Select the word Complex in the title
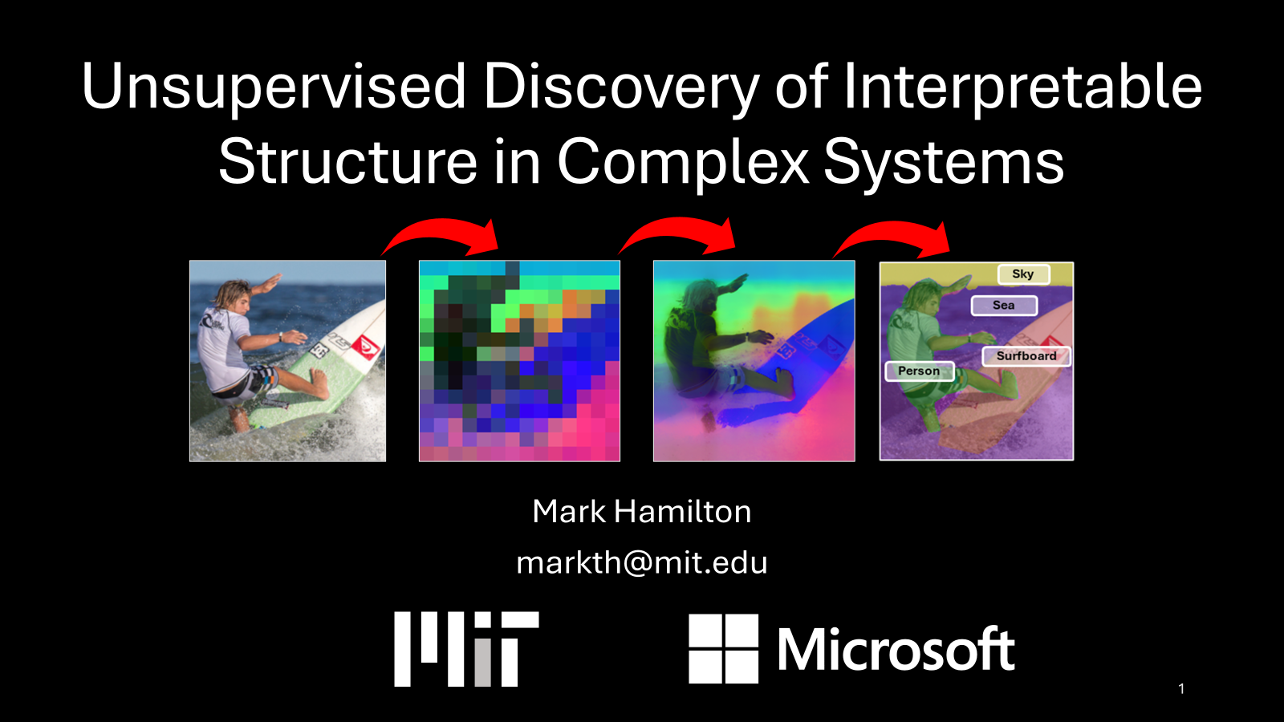pyautogui.click(x=683, y=163)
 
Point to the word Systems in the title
pyautogui.click(x=944, y=163)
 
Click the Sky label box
pyautogui.click(x=1024, y=274)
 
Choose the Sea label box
pyautogui.click(x=1004, y=306)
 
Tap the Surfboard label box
pyautogui.click(x=1026, y=356)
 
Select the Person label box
pyautogui.click(x=919, y=371)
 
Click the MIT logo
pyautogui.click(x=466, y=649)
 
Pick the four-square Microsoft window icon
pyautogui.click(x=723, y=649)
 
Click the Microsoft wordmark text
pyautogui.click(x=896, y=649)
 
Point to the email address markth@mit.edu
pyautogui.click(x=641, y=562)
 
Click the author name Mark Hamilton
pyautogui.click(x=641, y=511)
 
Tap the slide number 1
pyautogui.click(x=1181, y=688)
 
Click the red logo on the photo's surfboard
pyautogui.click(x=365, y=347)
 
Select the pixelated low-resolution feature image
pyautogui.click(x=519, y=361)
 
